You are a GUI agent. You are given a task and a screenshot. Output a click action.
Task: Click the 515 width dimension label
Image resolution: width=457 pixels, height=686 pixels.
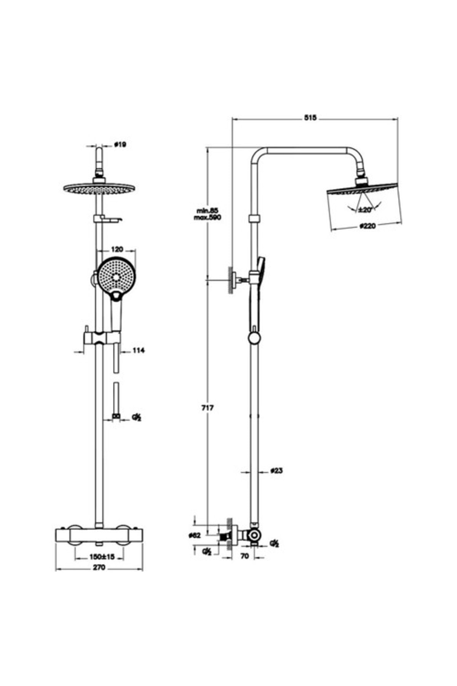[x=310, y=118]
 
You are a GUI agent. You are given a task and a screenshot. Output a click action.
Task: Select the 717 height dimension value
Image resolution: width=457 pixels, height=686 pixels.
[x=208, y=408]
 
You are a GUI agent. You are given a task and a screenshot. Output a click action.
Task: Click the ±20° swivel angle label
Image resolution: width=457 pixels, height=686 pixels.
[x=364, y=210]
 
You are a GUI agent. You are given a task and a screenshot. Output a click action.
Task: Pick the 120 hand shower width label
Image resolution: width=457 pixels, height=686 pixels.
[x=117, y=249]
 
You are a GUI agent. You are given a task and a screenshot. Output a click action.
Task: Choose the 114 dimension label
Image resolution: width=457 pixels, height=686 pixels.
[x=138, y=350]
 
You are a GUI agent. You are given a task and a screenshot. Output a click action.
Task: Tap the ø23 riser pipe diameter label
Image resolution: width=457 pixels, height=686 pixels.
[x=276, y=471]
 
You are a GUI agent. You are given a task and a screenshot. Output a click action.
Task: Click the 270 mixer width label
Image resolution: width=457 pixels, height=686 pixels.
[x=99, y=567]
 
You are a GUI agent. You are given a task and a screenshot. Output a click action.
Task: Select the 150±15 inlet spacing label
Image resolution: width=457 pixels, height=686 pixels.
[x=102, y=557]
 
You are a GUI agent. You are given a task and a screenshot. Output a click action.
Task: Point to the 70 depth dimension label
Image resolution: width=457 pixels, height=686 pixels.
[x=245, y=556]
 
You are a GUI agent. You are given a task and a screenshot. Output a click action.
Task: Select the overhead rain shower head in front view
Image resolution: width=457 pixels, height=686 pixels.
[x=100, y=188]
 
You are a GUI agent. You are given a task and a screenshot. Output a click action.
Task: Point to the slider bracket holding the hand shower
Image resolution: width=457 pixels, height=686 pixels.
[x=101, y=338]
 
